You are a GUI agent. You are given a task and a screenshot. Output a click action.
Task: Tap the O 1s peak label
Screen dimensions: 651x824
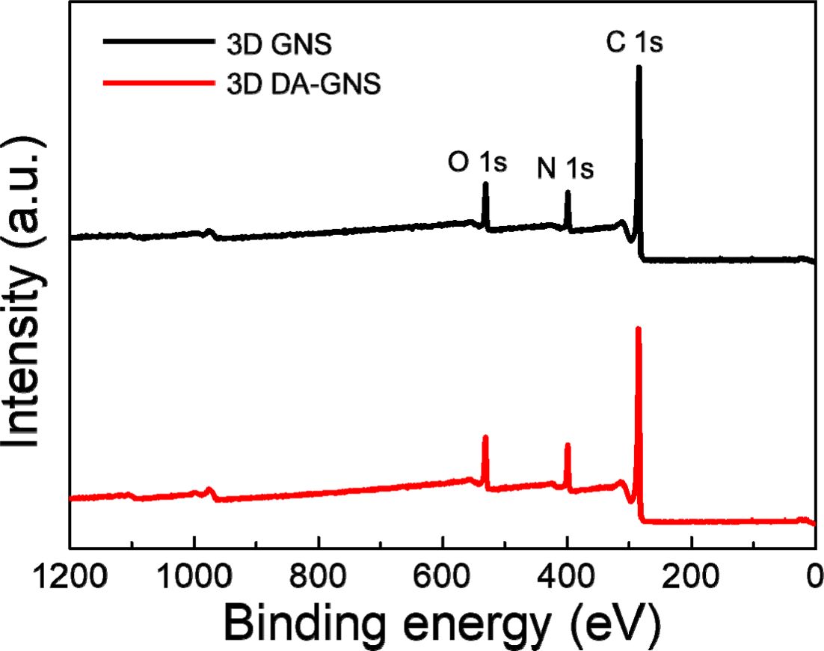[477, 162]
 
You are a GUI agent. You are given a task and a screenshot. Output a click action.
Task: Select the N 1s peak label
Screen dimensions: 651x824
[565, 170]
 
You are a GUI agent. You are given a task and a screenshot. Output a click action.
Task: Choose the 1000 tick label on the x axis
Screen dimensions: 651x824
[194, 580]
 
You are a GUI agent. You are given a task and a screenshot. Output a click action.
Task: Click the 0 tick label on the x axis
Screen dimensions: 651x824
[814, 580]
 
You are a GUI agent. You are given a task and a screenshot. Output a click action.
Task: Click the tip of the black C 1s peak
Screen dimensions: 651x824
[639, 67]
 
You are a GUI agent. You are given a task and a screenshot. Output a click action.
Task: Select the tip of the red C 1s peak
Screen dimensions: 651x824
[638, 328]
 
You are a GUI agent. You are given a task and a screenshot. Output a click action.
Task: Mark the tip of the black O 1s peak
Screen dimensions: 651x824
[485, 183]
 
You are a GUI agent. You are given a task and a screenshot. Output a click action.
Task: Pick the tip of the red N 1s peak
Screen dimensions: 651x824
[568, 444]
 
